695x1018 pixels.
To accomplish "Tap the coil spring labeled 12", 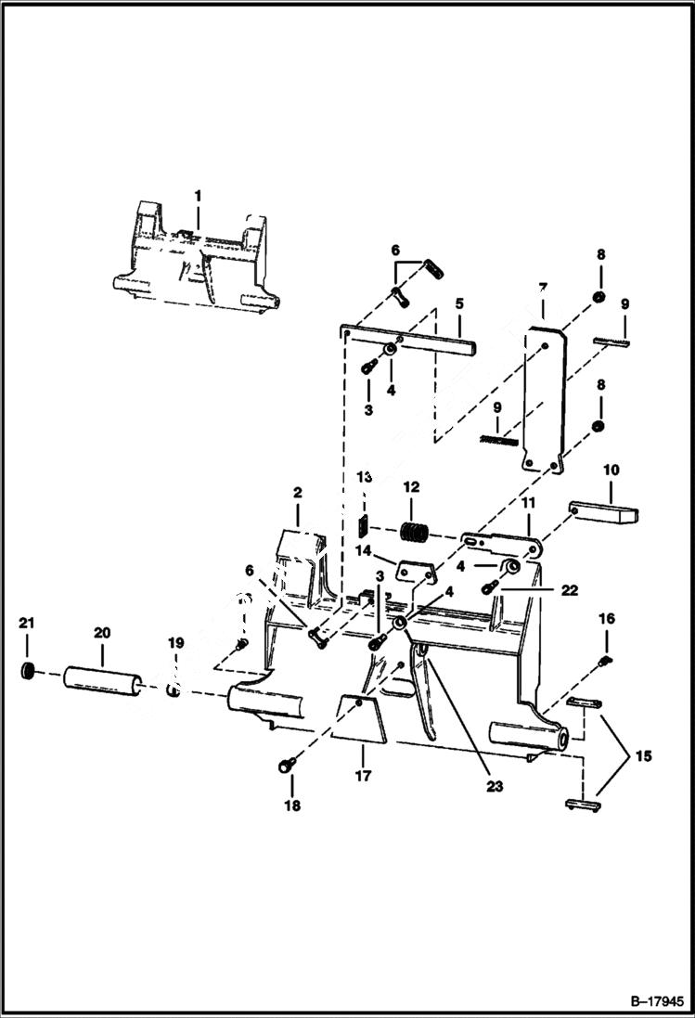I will coord(415,534).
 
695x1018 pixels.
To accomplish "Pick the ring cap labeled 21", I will coord(29,670).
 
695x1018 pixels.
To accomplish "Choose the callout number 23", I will coord(494,786).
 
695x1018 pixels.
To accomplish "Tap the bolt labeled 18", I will coord(287,766).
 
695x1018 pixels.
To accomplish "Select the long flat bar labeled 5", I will coord(408,339).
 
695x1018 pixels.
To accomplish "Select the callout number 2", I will coord(298,492).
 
